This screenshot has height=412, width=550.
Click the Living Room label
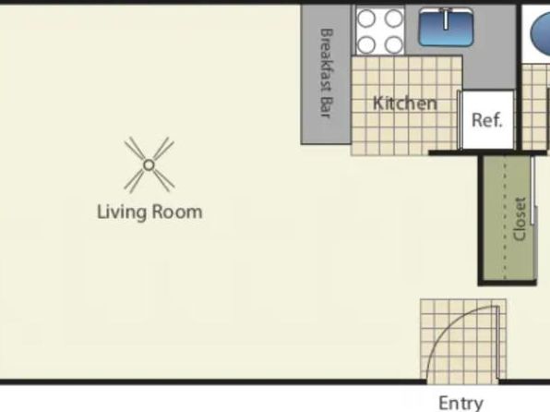(x=149, y=212)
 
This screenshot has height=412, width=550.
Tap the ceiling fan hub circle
(x=149, y=164)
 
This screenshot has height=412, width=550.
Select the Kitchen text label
(x=405, y=103)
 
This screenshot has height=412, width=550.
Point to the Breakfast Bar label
(x=327, y=73)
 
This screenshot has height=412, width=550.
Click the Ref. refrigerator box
(x=487, y=120)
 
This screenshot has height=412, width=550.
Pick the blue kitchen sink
(x=446, y=28)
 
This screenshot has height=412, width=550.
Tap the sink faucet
(x=446, y=18)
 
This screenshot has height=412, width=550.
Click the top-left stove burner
(x=366, y=18)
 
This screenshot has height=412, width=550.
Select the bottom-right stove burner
(x=393, y=44)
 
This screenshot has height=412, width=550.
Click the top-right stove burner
(x=393, y=18)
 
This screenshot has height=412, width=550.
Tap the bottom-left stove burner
(x=366, y=44)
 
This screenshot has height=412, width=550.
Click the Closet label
(x=520, y=219)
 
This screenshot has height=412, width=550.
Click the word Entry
(x=460, y=403)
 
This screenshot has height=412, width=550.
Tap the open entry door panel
(x=497, y=343)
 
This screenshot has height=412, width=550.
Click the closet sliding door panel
(x=532, y=190)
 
